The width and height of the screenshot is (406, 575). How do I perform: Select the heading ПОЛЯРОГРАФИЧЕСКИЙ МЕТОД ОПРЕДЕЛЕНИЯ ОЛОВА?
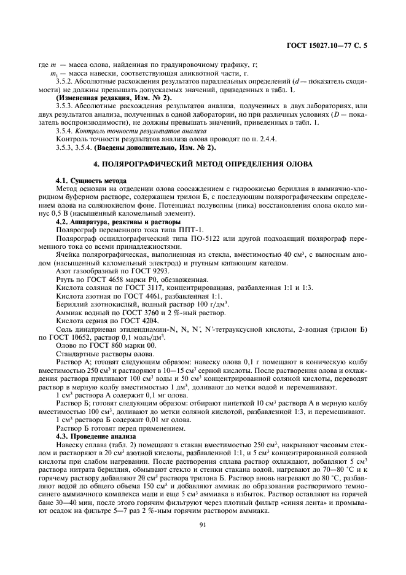203,164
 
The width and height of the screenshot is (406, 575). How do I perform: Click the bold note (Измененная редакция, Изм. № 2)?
114,98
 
